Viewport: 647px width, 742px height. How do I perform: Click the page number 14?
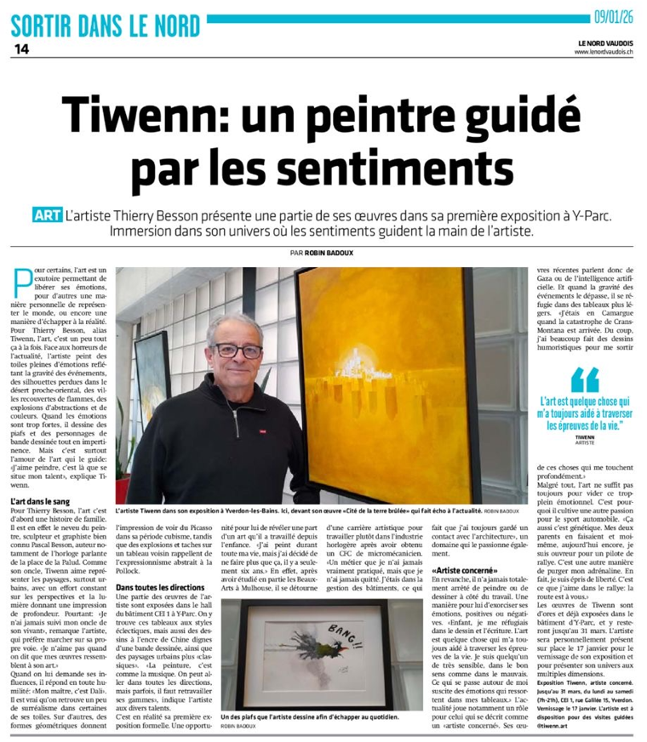21,49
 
